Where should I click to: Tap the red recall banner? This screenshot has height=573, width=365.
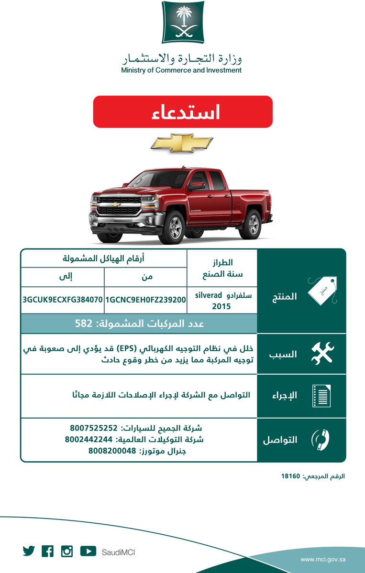coord(182,112)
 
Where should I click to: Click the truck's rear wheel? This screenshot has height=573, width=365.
coord(251,224)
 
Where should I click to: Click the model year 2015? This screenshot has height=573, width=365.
coord(221,306)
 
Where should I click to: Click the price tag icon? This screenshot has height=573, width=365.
coord(322,291)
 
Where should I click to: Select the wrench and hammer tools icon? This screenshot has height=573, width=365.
coord(322,354)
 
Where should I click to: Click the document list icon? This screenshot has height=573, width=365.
coord(321,396)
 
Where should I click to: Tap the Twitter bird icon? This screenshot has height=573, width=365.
coord(29,551)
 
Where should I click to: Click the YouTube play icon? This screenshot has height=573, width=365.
coord(88,551)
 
